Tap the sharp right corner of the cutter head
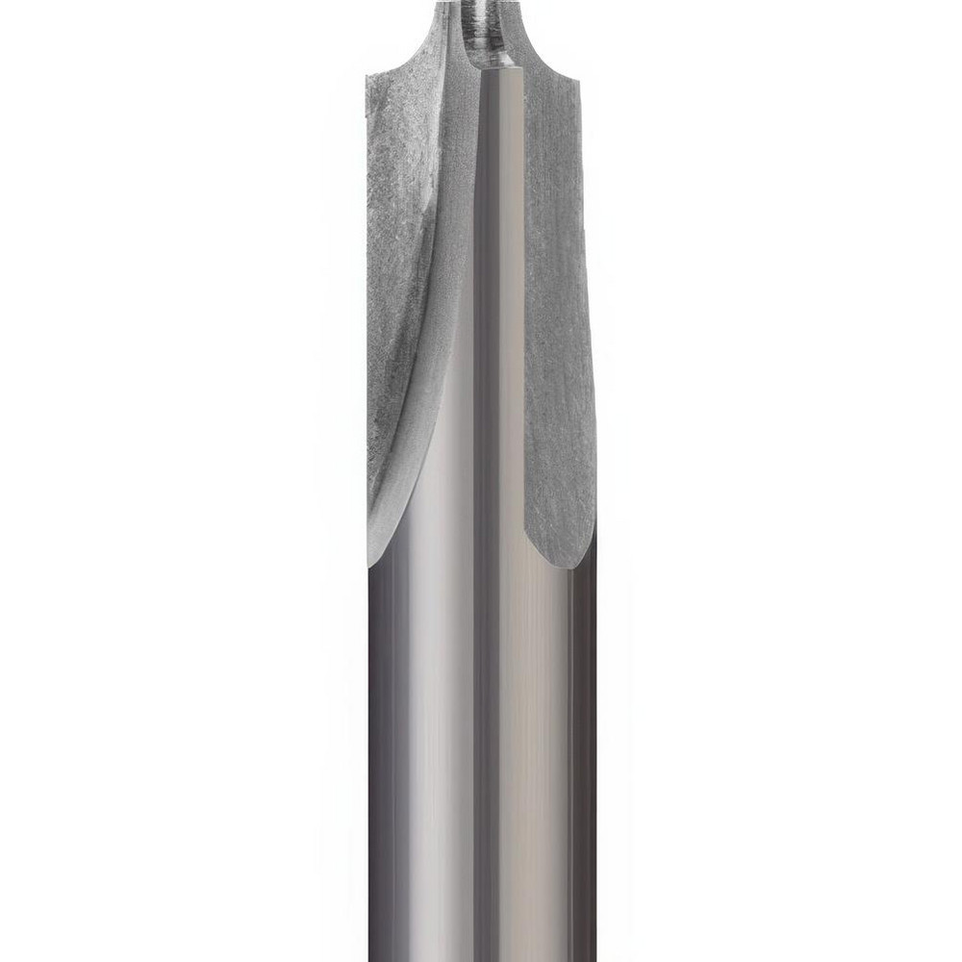coord(580,80)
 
